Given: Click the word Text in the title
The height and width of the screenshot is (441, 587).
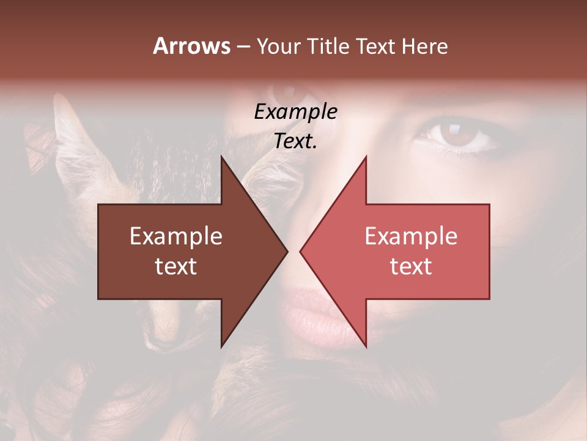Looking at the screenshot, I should click(x=377, y=46).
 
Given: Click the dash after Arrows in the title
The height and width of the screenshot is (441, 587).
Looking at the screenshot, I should click(x=243, y=47).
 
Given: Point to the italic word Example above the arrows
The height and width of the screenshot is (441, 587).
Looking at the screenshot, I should click(x=295, y=112).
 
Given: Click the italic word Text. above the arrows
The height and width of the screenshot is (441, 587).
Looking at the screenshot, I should click(x=295, y=141).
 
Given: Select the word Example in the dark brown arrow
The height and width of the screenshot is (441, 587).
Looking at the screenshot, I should click(x=176, y=236).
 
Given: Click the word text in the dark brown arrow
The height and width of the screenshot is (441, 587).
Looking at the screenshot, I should click(x=176, y=266).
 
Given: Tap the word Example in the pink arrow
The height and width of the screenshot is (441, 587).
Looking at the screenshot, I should click(x=411, y=236).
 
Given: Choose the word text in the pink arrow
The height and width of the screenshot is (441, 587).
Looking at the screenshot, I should click(x=411, y=266).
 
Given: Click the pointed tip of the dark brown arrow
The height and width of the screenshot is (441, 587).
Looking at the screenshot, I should click(x=287, y=251).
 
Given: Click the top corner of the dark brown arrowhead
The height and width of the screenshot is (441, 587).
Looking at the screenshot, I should click(x=221, y=157).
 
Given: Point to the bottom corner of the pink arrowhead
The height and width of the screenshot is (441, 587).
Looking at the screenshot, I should click(x=366, y=347).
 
